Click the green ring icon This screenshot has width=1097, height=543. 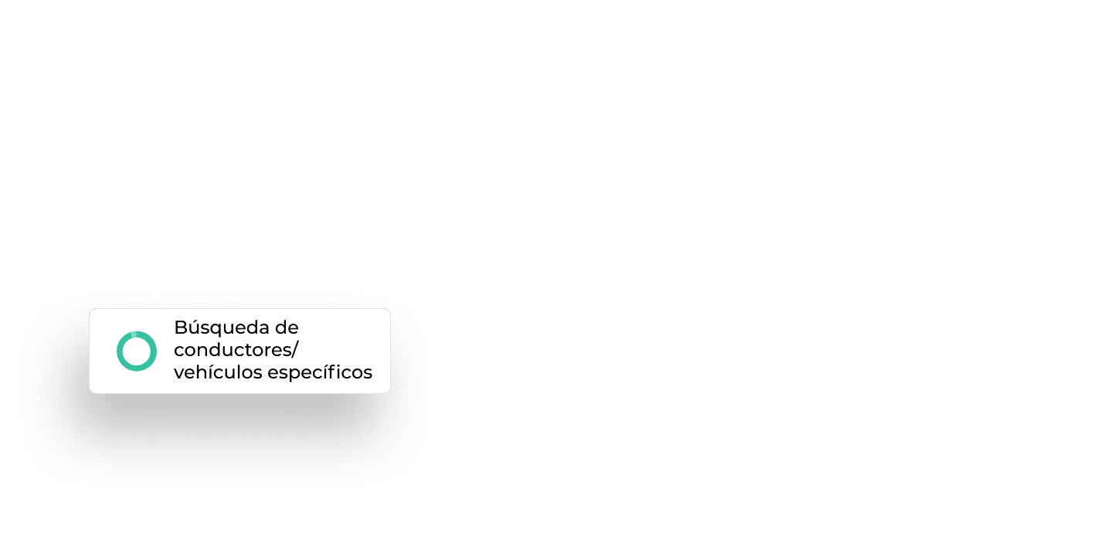(x=118, y=351)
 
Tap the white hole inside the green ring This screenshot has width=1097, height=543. (x=137, y=351)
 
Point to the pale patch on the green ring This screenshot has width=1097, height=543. (x=134, y=334)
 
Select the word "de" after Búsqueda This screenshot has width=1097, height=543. (x=287, y=327)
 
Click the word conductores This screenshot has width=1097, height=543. (x=233, y=350)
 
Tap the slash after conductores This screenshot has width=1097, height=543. (x=295, y=351)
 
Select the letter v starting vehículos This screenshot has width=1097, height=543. (x=180, y=375)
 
